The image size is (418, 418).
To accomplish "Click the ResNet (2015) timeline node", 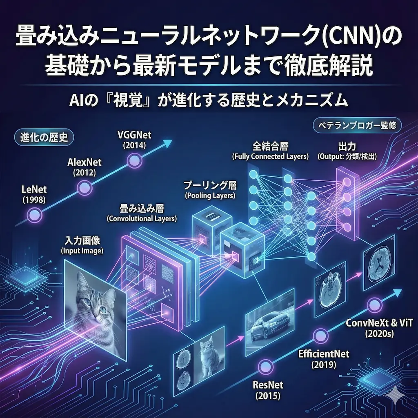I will (265, 364).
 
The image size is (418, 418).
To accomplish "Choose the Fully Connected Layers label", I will (270, 156).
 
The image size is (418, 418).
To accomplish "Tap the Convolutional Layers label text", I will (142, 219).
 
